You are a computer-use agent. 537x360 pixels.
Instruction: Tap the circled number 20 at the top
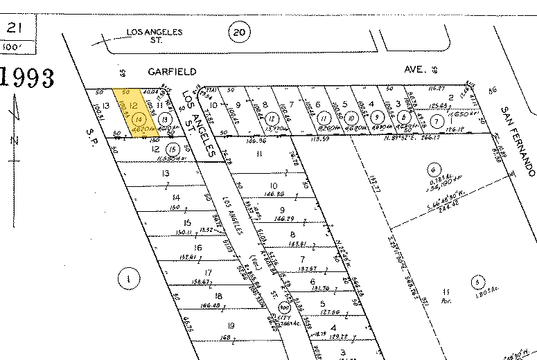click(x=240, y=31)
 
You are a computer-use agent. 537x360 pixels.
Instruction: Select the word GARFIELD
click(x=172, y=71)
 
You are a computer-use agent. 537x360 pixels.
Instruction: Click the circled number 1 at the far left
click(x=127, y=279)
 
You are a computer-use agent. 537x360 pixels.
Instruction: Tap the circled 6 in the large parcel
click(x=434, y=168)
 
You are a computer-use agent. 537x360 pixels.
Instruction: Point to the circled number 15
click(x=173, y=149)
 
